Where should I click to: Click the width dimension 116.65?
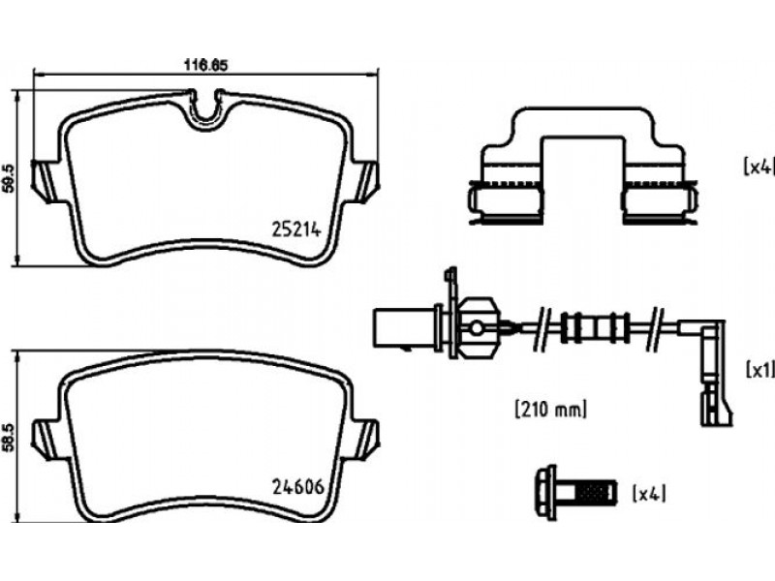(205, 65)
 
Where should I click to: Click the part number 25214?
(296, 229)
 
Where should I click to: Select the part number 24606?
(298, 487)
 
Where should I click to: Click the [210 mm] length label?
(551, 409)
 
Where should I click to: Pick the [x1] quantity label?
(759, 370)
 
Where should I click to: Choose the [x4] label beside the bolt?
(649, 494)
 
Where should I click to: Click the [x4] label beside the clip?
(758, 167)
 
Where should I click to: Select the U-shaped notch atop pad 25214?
(206, 110)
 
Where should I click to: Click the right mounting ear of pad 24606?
(365, 440)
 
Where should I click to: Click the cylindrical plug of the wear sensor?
(404, 328)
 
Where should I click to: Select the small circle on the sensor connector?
(477, 327)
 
